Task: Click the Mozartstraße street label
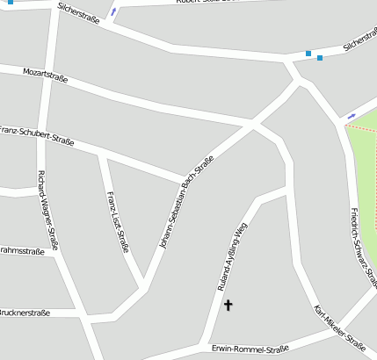click(44, 74)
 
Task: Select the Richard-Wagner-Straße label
click(47, 210)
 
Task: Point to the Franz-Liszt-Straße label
click(118, 221)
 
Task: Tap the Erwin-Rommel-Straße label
click(250, 349)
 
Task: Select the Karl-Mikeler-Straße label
click(339, 327)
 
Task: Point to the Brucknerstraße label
click(25, 313)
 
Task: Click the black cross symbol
click(228, 306)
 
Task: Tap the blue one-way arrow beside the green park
click(352, 116)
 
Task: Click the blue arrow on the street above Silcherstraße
click(113, 12)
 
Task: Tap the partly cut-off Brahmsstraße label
click(23, 251)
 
